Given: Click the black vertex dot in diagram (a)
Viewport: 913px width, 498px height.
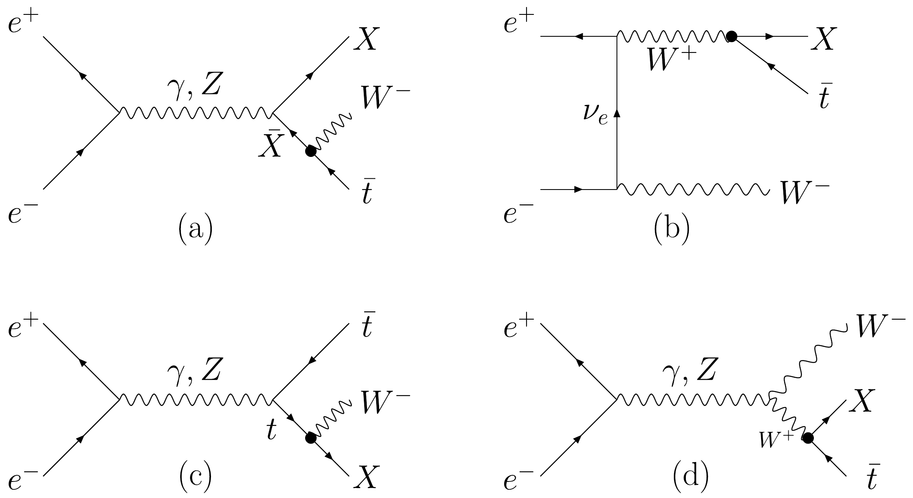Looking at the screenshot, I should [311, 151].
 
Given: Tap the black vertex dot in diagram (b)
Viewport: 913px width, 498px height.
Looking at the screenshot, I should [731, 36].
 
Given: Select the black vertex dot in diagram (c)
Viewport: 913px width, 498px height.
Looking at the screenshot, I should [310, 438].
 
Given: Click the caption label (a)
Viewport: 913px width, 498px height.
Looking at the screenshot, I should [196, 231].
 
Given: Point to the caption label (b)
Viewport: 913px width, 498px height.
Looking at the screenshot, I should [671, 231].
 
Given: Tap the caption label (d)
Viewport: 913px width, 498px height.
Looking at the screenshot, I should [690, 477].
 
